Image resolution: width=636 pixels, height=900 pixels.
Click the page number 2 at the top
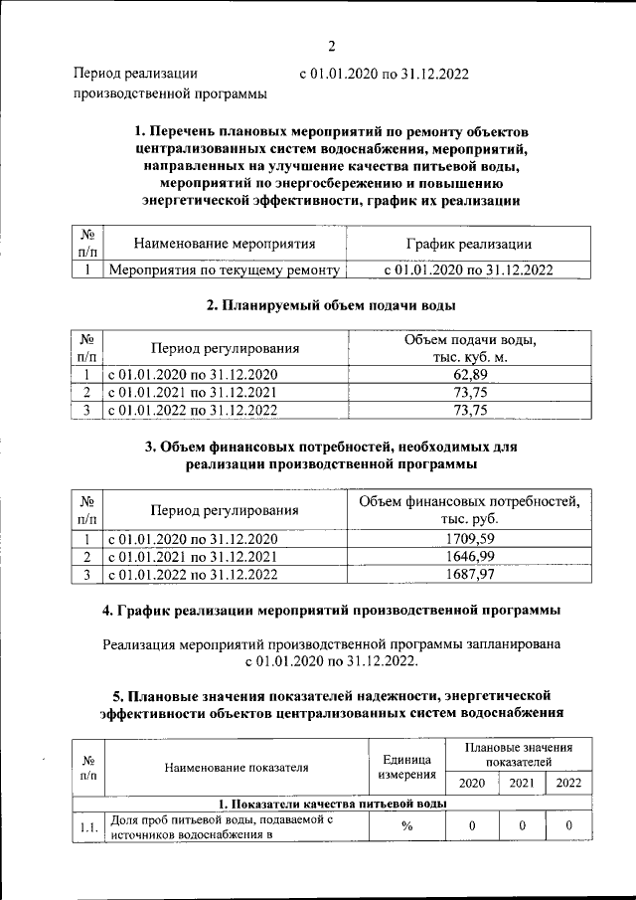(332, 45)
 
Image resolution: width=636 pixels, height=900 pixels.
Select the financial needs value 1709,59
(468, 539)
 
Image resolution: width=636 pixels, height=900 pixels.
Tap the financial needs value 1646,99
(468, 557)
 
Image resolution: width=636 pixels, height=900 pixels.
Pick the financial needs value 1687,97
(468, 574)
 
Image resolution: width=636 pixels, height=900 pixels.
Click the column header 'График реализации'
(468, 244)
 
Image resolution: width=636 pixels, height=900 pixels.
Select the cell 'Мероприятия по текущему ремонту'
(225, 269)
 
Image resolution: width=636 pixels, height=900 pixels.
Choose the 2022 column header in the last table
(569, 783)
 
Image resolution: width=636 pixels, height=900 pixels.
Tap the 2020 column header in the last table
(471, 783)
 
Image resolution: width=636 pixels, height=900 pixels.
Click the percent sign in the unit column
(406, 825)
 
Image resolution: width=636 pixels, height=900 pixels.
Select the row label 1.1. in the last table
(88, 825)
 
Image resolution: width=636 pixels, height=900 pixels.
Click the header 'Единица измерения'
(406, 767)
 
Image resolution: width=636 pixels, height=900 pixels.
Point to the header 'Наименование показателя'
(237, 767)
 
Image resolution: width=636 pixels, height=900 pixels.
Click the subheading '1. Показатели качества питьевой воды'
(332, 803)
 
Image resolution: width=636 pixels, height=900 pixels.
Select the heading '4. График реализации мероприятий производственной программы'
(331, 609)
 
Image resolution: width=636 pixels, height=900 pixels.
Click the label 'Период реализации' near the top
(135, 73)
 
